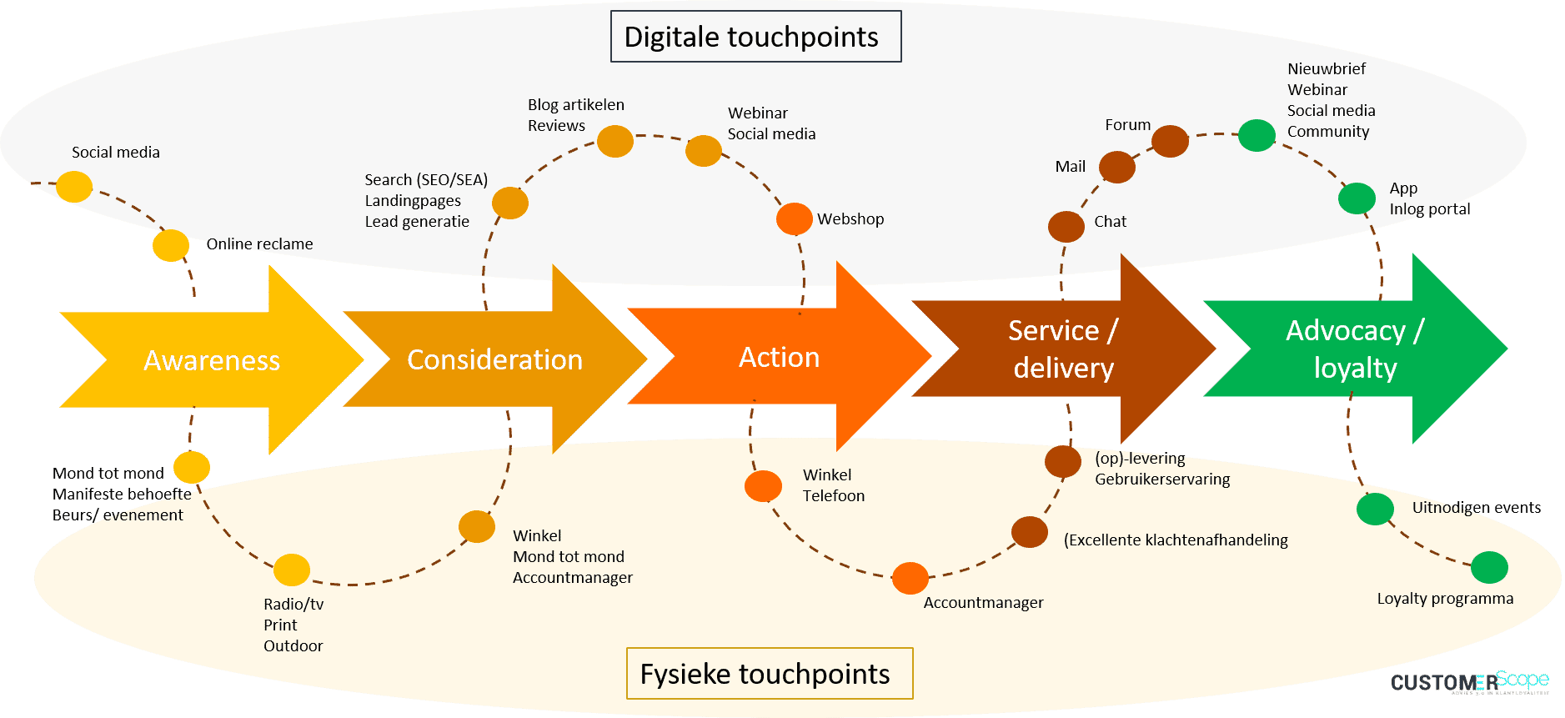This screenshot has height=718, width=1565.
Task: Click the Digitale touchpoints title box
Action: pyautogui.click(x=755, y=37)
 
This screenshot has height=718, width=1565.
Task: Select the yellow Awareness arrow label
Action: pyautogui.click(x=212, y=360)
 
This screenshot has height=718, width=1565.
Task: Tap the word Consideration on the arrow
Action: pyautogui.click(x=494, y=359)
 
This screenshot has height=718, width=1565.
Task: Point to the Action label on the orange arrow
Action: pyautogui.click(x=779, y=357)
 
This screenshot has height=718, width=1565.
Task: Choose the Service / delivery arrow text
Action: pyautogui.click(x=1063, y=349)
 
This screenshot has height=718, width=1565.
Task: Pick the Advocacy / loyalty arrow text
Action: pyautogui.click(x=1355, y=349)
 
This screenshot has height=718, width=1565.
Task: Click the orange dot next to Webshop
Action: pyautogui.click(x=794, y=219)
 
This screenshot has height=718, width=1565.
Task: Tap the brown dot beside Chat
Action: pyautogui.click(x=1066, y=226)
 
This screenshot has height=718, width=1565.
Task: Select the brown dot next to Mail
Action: pyautogui.click(x=1116, y=167)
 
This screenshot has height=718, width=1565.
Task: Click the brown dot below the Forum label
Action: pyautogui.click(x=1170, y=142)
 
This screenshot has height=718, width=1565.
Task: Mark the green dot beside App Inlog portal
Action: pyautogui.click(x=1357, y=198)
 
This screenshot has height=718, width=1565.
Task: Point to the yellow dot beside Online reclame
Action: pyautogui.click(x=171, y=245)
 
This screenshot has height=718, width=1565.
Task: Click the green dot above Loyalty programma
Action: pyautogui.click(x=1489, y=567)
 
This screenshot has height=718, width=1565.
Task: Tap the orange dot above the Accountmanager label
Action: pyautogui.click(x=910, y=578)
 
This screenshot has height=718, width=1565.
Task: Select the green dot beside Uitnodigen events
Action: pyautogui.click(x=1375, y=509)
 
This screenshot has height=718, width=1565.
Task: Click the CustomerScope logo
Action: pyautogui.click(x=1469, y=682)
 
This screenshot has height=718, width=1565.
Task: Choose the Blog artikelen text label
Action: pyautogui.click(x=575, y=105)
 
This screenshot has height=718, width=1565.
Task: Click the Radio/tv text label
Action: pyautogui.click(x=293, y=605)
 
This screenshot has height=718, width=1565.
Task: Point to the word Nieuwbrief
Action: pyautogui.click(x=1326, y=69)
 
